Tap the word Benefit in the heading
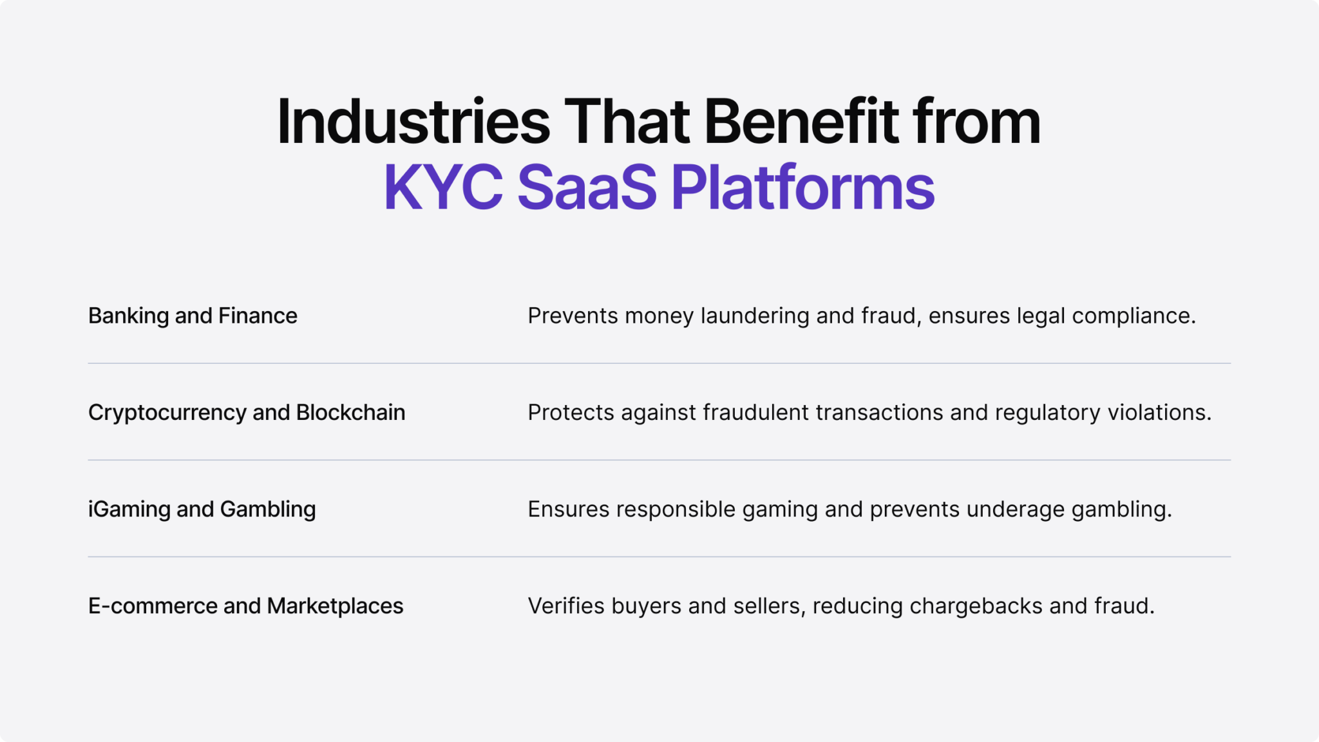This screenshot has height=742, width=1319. (x=801, y=122)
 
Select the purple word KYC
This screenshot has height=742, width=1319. (x=443, y=187)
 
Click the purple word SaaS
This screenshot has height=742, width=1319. (x=587, y=187)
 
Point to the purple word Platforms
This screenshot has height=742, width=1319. (x=802, y=187)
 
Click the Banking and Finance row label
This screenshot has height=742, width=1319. (x=193, y=316)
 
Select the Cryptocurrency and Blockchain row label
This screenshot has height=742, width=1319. (x=247, y=412)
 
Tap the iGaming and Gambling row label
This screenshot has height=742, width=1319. (x=202, y=509)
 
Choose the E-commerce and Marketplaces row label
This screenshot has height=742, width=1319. (x=245, y=605)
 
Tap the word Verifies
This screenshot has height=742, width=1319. (x=565, y=605)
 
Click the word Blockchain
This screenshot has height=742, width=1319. (x=350, y=412)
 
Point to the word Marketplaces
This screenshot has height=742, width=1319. (x=335, y=605)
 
